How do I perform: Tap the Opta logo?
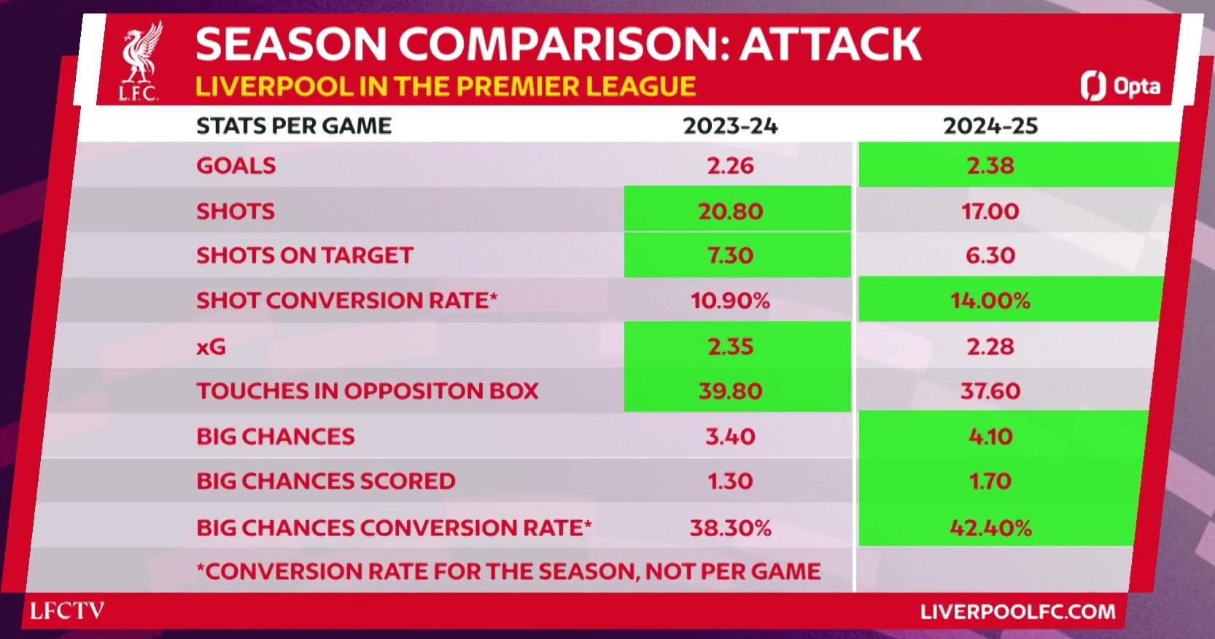[1120, 85]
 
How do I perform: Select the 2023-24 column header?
[730, 126]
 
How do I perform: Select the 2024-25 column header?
[990, 126]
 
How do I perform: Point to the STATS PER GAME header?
[293, 126]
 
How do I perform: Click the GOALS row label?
[236, 166]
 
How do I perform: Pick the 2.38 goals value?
[990, 166]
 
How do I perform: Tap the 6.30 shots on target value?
[990, 255]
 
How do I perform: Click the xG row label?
[211, 346]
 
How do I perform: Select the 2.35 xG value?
[730, 346]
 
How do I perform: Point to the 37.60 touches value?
[990, 391]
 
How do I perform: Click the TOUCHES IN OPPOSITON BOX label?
[368, 391]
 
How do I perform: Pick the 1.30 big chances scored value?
[730, 481]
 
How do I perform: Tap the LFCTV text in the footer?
[67, 611]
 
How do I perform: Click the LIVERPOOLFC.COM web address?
[1017, 612]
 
